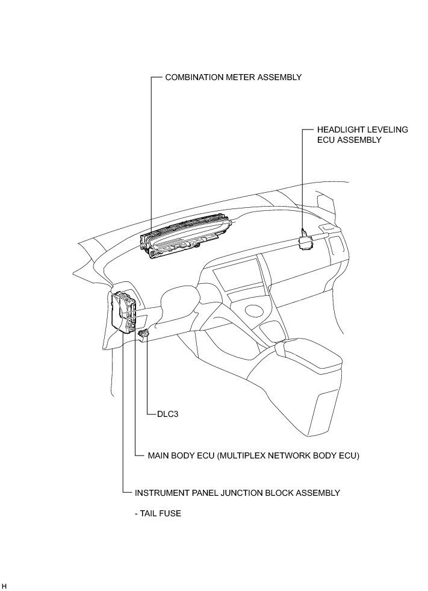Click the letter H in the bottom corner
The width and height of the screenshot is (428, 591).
[4, 586]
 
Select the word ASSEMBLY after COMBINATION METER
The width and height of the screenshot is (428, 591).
[279, 78]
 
